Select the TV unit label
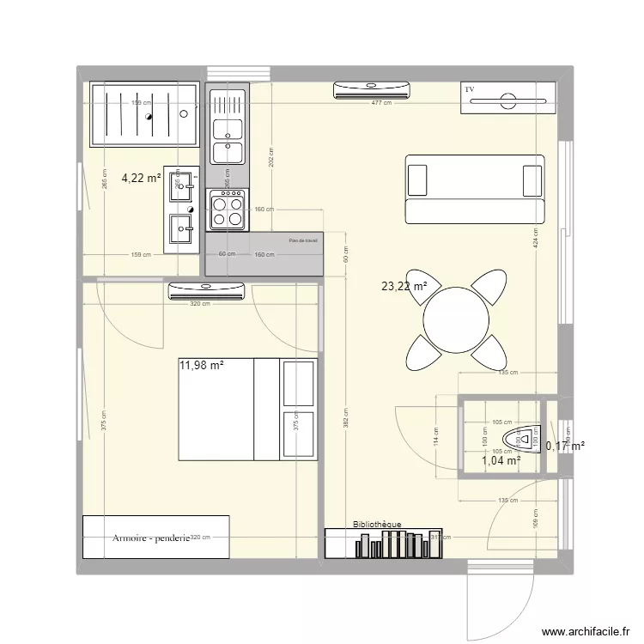[470, 89]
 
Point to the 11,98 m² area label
[201, 365]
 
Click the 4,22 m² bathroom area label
[141, 179]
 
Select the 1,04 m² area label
[501, 461]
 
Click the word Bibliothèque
[376, 524]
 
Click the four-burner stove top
[227, 210]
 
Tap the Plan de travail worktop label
[303, 241]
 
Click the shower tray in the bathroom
[143, 112]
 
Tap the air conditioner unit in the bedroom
[206, 291]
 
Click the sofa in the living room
[475, 188]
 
